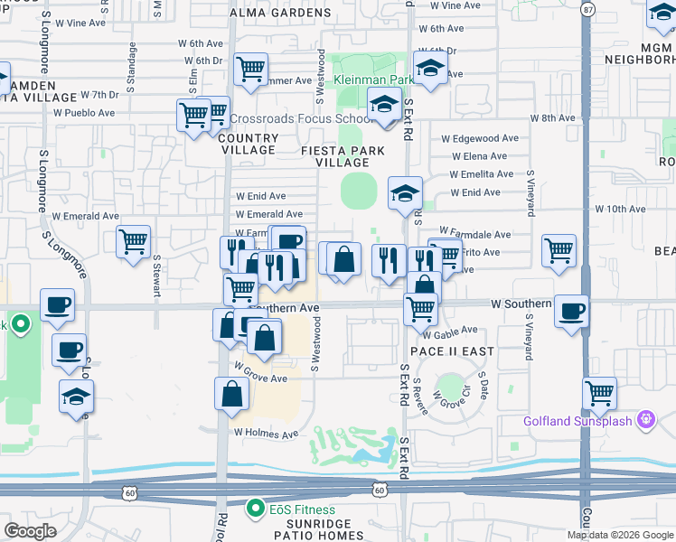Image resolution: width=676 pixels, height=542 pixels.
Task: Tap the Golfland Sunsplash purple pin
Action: [645, 419]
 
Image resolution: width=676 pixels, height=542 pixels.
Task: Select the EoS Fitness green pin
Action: [257, 509]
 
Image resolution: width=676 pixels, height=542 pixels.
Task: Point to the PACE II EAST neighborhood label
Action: [438, 350]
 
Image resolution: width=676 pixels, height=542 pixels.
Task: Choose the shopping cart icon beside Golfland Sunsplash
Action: [600, 393]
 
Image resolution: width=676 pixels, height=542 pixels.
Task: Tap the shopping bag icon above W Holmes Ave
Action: [232, 394]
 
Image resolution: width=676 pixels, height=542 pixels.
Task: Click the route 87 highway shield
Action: [588, 10]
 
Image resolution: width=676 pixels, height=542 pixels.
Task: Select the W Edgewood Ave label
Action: [480, 139]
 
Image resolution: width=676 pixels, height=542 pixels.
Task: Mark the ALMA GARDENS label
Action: [267, 14]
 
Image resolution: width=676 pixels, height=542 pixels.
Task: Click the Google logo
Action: [31, 530]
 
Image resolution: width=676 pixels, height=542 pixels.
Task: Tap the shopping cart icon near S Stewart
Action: [133, 241]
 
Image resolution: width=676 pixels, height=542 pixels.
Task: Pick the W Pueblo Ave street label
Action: [84, 114]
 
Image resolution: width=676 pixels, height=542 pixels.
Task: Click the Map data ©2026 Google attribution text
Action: [620, 535]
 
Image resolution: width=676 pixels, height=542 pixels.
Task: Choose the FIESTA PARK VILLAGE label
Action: [343, 156]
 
